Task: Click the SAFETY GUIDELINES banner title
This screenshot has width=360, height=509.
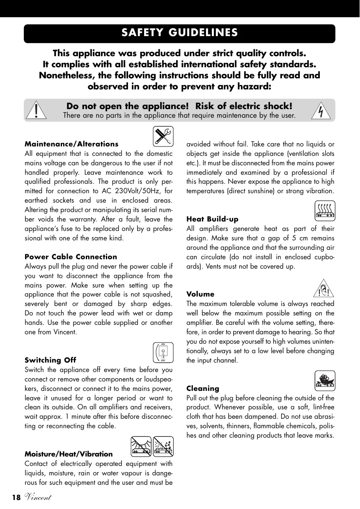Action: [179, 33]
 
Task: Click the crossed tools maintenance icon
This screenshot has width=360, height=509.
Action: [163, 136]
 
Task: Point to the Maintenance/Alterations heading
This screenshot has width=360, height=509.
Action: [71, 144]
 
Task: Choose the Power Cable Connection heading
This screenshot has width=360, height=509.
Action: [71, 257]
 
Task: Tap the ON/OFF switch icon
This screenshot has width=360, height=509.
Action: [163, 353]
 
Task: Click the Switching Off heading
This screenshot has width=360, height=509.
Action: [50, 360]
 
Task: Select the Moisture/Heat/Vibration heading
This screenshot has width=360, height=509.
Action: [69, 454]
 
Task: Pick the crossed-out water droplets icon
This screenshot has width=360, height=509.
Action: [163, 446]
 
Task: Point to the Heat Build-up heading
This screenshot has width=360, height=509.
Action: [212, 219]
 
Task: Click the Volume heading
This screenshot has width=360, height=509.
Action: [200, 294]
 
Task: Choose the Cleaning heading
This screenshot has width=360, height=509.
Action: [203, 388]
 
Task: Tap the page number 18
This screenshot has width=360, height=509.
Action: [16, 498]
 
